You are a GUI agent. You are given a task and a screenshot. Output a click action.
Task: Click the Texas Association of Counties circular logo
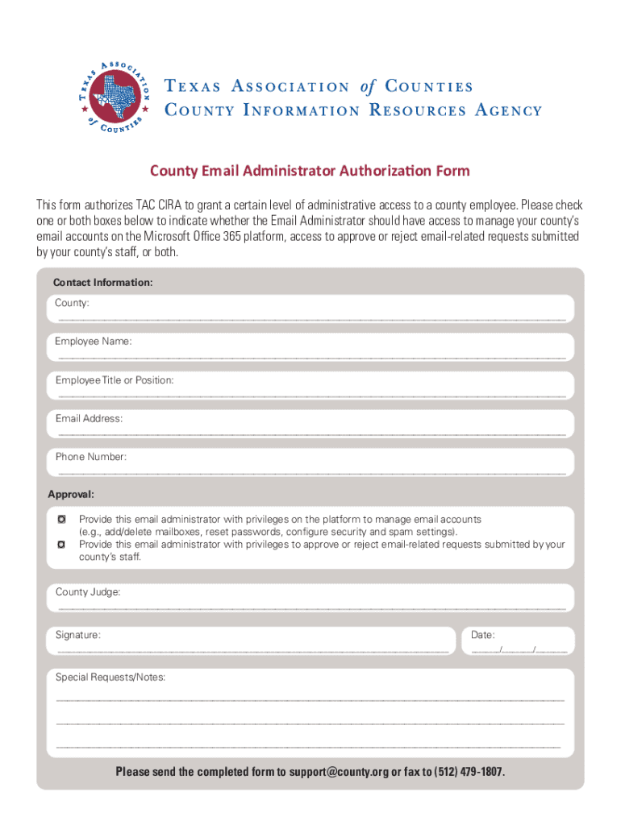115,97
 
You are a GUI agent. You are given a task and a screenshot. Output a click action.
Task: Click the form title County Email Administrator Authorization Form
310,171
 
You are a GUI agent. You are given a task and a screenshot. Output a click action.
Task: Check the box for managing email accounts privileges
61,520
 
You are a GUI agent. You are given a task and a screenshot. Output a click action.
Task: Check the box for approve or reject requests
61,545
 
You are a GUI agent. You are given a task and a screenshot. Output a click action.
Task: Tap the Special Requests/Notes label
110,678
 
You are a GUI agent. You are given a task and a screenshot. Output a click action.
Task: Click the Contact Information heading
102,283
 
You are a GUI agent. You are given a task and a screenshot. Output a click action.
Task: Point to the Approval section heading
71,494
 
